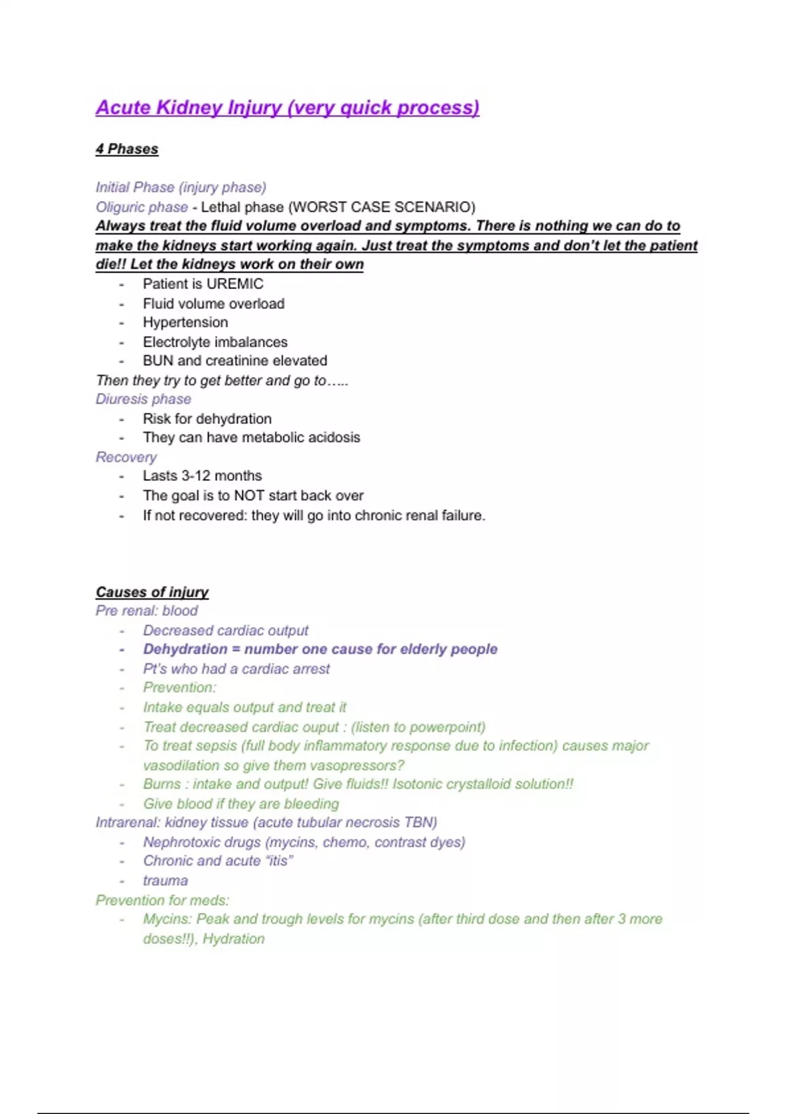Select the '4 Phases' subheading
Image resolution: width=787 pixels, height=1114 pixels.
click(x=127, y=149)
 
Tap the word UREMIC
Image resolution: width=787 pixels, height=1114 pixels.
click(x=234, y=284)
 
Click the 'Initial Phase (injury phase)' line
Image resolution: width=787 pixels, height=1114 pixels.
click(x=181, y=187)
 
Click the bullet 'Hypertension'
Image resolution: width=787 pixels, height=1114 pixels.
click(x=186, y=322)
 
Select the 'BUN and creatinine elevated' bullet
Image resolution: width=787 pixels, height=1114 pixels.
click(x=235, y=360)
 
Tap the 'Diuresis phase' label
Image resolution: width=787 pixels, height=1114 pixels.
click(x=144, y=399)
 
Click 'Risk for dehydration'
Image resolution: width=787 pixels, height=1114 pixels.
click(x=207, y=419)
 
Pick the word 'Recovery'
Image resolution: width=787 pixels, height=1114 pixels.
click(x=127, y=457)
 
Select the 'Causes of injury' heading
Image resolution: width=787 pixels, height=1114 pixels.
click(x=152, y=592)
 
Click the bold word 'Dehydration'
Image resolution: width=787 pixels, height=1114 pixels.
click(x=185, y=649)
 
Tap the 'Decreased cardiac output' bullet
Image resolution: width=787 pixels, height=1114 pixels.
click(x=226, y=630)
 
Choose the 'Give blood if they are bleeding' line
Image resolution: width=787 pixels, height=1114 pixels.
click(x=241, y=803)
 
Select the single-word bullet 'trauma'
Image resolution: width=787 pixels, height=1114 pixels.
click(x=165, y=881)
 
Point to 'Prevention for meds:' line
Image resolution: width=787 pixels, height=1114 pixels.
click(x=162, y=900)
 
